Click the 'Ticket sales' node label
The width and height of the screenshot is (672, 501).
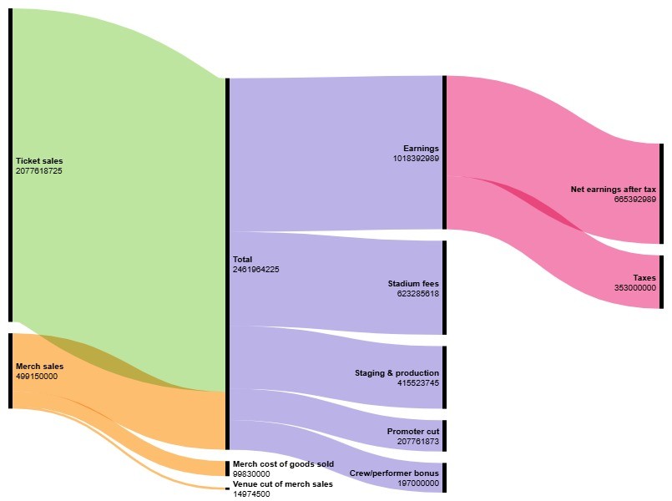(x=38, y=161)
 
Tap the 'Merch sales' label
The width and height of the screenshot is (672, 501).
(x=39, y=366)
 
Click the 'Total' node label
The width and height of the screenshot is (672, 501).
(x=242, y=260)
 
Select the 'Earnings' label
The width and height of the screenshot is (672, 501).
(x=421, y=148)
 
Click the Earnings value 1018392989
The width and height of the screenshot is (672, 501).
(x=417, y=158)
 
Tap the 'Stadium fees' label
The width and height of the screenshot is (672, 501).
(x=413, y=284)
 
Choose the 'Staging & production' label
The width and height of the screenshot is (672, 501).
(x=397, y=373)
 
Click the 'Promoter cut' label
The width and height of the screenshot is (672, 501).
(x=412, y=432)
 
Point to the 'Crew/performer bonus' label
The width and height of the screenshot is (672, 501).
(x=394, y=473)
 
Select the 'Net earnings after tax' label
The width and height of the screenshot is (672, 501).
(x=613, y=190)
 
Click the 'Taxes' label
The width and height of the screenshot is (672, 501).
(x=644, y=277)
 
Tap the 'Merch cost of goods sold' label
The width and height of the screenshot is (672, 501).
(x=283, y=463)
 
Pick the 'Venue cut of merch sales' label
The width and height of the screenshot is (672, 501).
(x=282, y=484)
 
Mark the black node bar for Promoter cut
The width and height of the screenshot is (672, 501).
(x=444, y=435)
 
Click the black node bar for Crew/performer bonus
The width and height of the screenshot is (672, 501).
(x=444, y=478)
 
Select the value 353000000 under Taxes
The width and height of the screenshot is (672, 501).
(x=635, y=287)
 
